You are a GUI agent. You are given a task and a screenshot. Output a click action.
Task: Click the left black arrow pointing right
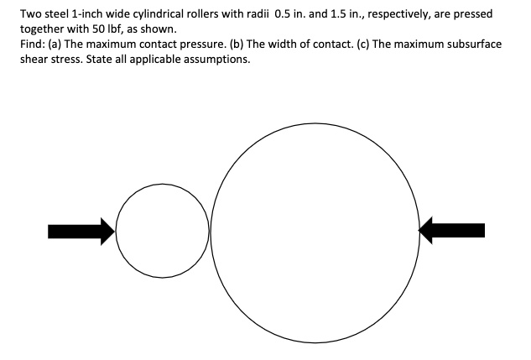point(81,232)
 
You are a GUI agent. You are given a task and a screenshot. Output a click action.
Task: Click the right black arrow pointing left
point(451,230)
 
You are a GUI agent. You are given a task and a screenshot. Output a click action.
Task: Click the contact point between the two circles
point(210,232)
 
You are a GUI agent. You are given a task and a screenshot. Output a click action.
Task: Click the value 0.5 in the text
point(282,14)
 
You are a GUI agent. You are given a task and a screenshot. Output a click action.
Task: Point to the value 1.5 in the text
point(337,14)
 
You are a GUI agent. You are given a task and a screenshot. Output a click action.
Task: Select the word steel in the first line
point(58,14)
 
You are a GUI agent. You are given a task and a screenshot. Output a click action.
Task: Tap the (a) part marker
point(55,44)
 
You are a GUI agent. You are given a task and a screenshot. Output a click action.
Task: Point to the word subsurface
point(475,44)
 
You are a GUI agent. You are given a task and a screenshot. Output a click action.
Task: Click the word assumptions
point(216,60)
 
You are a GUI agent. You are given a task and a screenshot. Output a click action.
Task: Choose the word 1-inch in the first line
point(83,14)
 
